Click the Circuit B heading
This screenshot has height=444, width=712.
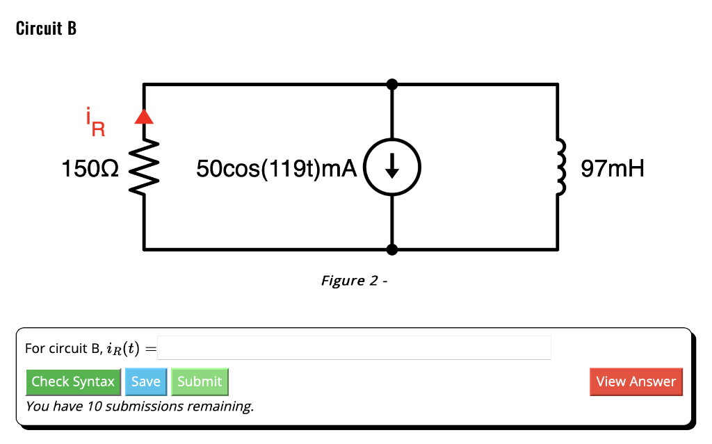pyautogui.click(x=46, y=29)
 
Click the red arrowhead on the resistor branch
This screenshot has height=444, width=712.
pyautogui.click(x=144, y=117)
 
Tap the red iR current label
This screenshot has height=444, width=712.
pyautogui.click(x=95, y=122)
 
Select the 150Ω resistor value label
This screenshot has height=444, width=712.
pyautogui.click(x=90, y=168)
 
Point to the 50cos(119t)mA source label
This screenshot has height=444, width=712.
pyautogui.click(x=276, y=168)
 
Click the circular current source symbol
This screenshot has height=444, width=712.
pyautogui.click(x=392, y=168)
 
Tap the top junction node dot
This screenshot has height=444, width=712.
pyautogui.click(x=392, y=84)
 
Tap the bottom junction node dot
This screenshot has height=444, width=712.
pyautogui.click(x=392, y=249)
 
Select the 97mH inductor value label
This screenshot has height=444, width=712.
pyautogui.click(x=613, y=168)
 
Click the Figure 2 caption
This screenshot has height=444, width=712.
pyautogui.click(x=353, y=281)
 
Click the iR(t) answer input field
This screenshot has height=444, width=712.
pyautogui.click(x=354, y=347)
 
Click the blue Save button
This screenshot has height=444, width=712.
pyautogui.click(x=145, y=381)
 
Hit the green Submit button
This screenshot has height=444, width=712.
pyautogui.click(x=200, y=381)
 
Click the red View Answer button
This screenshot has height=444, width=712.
pyautogui.click(x=636, y=381)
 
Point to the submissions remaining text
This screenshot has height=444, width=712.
pyautogui.click(x=139, y=406)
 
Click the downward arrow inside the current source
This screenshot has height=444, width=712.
pyautogui.click(x=392, y=168)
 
